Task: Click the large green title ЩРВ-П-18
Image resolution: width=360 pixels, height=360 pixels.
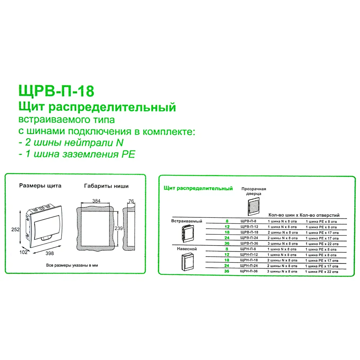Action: click(x=56, y=91)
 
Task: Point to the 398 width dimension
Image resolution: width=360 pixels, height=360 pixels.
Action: click(x=50, y=253)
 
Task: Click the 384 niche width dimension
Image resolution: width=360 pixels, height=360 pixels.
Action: click(x=96, y=201)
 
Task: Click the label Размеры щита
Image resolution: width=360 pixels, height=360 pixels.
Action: click(x=40, y=186)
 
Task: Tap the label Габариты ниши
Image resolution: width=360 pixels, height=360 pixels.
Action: click(x=106, y=186)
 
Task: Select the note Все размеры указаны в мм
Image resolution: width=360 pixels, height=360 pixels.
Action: click(x=72, y=265)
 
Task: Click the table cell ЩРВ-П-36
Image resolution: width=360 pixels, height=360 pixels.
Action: click(x=249, y=244)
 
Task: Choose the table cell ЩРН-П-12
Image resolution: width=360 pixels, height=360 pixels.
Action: click(x=249, y=255)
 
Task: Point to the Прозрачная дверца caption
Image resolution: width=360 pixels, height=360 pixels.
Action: click(x=253, y=191)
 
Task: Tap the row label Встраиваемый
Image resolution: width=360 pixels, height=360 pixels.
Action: click(x=187, y=221)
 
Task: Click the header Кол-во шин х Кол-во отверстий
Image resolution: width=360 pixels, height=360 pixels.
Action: click(x=304, y=215)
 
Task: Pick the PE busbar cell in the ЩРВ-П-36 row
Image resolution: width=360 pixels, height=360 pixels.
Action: click(x=321, y=244)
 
